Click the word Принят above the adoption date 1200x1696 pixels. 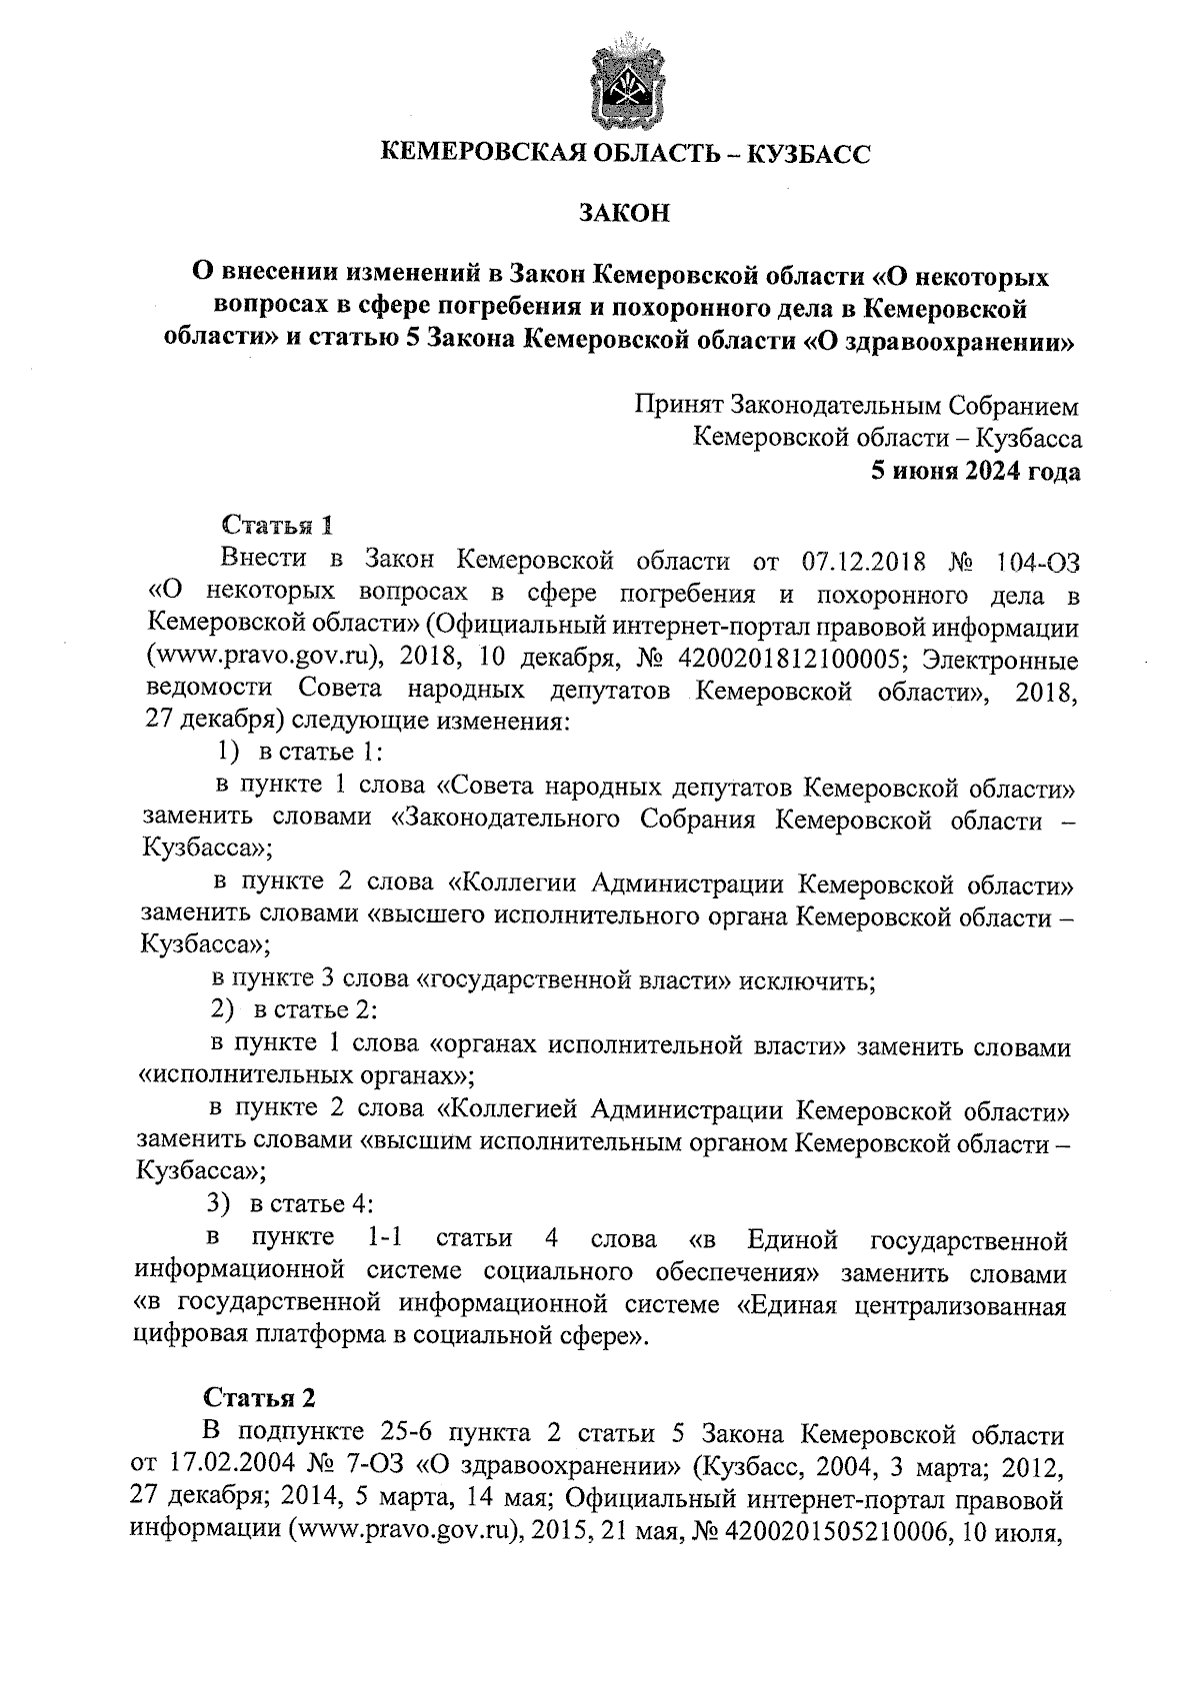[678, 407]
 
